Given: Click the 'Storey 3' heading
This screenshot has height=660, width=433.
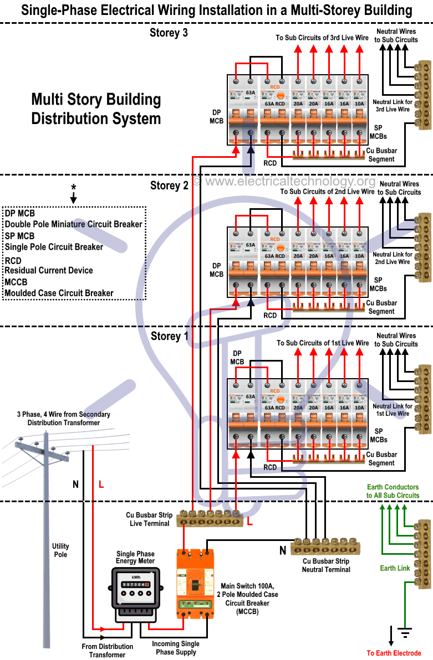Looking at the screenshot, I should coord(169,33).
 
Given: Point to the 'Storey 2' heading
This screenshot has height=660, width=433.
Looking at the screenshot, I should coord(169,185).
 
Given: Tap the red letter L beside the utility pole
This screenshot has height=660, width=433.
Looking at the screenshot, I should coord(101,484).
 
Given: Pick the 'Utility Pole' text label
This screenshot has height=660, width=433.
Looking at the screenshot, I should coord(60,550).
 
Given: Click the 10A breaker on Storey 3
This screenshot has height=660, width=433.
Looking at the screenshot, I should coord(359,109).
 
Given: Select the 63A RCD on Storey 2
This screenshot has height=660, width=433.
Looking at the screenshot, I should coord(274,260).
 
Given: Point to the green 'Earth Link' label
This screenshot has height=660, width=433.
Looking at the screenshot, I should coord(395,568).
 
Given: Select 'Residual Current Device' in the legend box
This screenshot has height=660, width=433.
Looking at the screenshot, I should coord(49,270).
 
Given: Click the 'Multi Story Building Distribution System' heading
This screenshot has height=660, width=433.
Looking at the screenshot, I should coord(96,109).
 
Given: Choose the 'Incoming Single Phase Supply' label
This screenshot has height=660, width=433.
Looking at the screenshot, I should coord(176,648).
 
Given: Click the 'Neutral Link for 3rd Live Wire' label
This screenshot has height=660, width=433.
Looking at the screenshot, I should coord(392,106).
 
